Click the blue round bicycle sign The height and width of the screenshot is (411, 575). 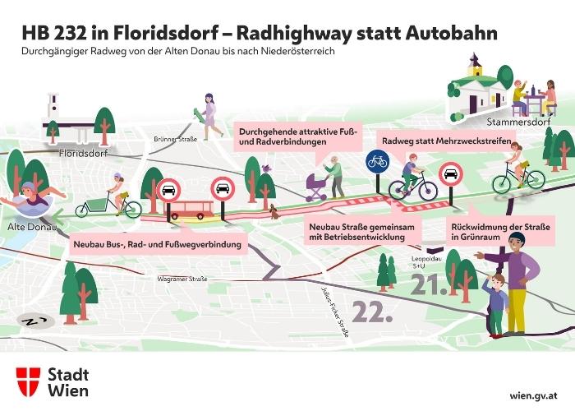click(x=377, y=161)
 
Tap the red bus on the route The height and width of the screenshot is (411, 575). click(x=191, y=210)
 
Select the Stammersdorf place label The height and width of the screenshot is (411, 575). click(x=518, y=122)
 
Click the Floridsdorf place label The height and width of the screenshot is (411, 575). click(x=83, y=153)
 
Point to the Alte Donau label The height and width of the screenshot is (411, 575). click(x=32, y=227)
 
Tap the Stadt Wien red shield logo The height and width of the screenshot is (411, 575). click(x=28, y=381)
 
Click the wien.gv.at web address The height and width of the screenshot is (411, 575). click(x=534, y=395)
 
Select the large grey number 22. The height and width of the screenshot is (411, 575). click(x=372, y=312)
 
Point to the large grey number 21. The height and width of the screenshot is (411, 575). click(x=429, y=284)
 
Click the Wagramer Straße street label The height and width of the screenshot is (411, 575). click(x=182, y=279)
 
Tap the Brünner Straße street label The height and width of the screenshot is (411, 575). click(x=175, y=140)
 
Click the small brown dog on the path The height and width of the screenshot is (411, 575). click(x=274, y=212)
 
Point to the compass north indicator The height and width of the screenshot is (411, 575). click(x=35, y=322)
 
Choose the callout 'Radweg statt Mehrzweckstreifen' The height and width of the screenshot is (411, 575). click(x=446, y=141)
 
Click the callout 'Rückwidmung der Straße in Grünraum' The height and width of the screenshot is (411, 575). click(x=500, y=232)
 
